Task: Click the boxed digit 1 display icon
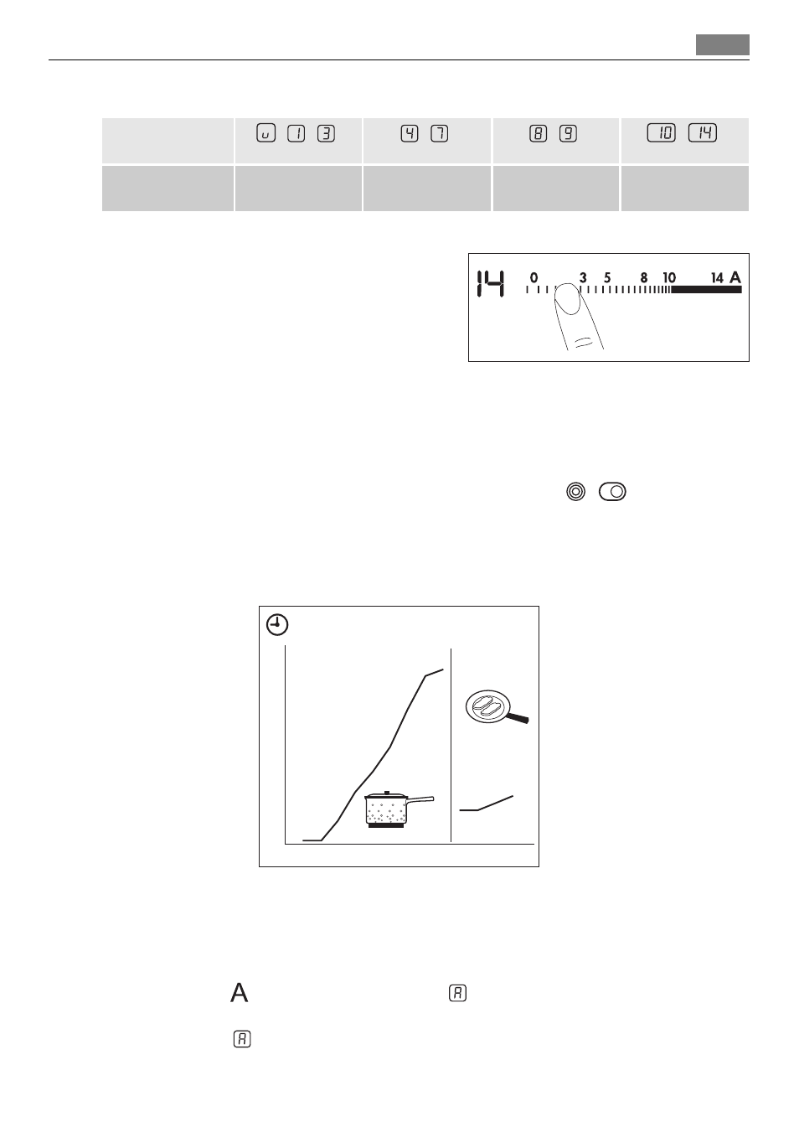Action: [296, 133]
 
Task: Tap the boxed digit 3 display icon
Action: [326, 133]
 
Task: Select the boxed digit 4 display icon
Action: [409, 133]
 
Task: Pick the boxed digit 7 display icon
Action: [439, 133]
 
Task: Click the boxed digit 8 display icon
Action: [538, 133]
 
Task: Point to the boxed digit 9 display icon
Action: [568, 133]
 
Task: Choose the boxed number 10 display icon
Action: [661, 133]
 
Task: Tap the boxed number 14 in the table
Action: [703, 133]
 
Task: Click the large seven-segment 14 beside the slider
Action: [491, 284]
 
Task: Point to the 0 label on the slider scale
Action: [534, 277]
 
